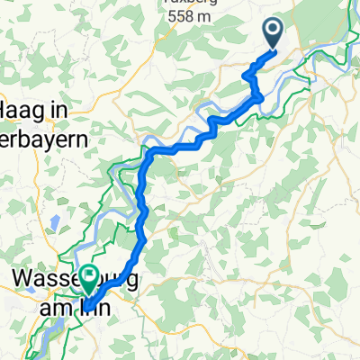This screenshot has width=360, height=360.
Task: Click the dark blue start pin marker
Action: (x=275, y=33)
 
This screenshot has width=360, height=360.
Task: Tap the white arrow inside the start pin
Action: (x=275, y=31)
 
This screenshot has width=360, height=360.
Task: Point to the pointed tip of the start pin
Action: (x=275, y=49)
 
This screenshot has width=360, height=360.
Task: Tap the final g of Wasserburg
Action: (x=134, y=281)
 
